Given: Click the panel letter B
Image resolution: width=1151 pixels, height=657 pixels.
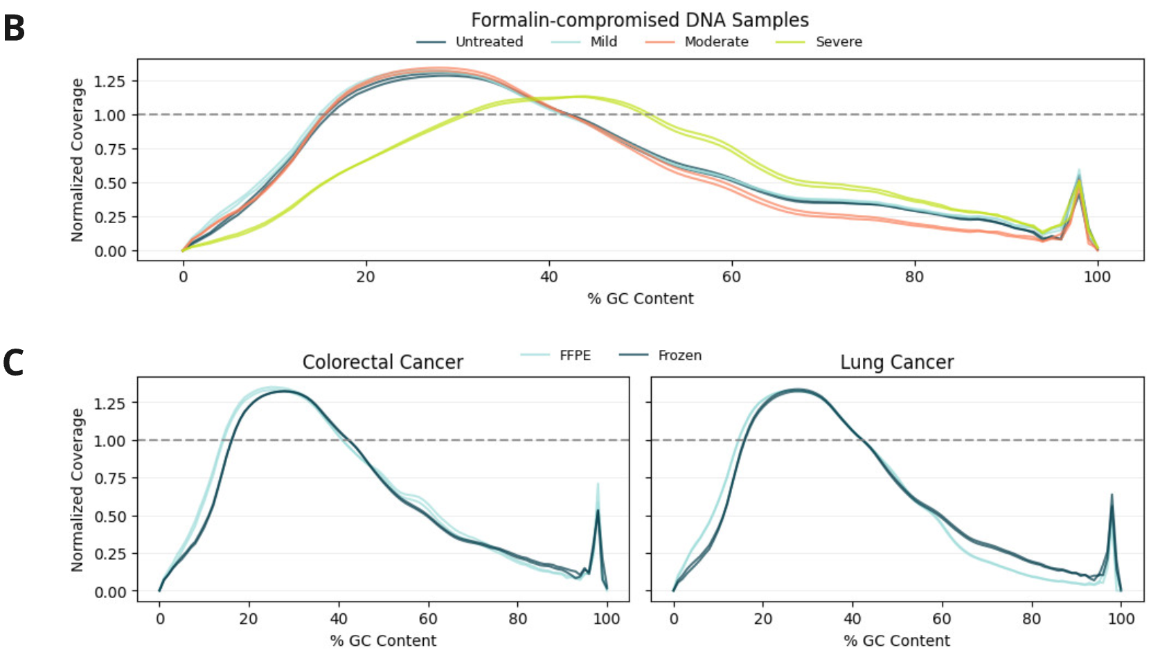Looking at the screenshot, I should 14,28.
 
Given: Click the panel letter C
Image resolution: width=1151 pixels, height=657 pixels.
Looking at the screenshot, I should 13,362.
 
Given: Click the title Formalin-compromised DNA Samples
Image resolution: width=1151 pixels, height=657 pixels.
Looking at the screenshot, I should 639,19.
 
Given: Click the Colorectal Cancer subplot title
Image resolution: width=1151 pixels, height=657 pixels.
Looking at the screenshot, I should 382,362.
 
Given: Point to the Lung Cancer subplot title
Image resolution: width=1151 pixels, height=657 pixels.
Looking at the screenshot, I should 897,362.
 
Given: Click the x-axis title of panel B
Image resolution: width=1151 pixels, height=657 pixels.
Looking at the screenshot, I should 640,299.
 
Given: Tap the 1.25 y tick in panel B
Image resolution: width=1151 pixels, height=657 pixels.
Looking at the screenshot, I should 109,81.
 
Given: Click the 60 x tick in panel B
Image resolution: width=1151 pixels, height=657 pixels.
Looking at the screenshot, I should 731,277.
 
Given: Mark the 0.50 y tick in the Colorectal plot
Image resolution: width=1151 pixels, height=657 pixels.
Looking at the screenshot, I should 109,516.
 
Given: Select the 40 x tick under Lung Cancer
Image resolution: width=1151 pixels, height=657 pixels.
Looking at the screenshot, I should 852,619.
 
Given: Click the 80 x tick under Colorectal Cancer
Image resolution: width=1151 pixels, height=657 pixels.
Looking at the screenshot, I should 517,619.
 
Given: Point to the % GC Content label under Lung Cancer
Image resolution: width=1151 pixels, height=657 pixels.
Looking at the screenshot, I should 897,640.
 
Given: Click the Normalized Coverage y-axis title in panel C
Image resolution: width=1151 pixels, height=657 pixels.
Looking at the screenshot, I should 77,489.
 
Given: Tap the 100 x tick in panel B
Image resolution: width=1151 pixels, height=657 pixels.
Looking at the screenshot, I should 1097,277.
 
